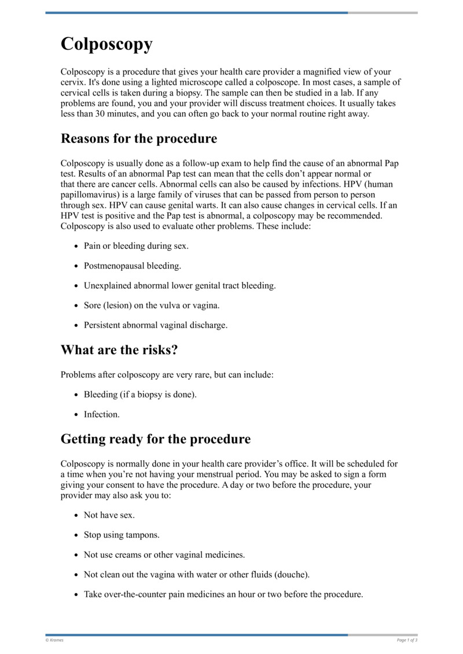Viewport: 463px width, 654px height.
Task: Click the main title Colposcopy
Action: (106, 44)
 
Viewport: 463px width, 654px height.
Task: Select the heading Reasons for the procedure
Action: (139, 139)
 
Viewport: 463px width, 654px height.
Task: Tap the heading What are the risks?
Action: (119, 350)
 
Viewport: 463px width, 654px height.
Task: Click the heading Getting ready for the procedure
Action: (155, 439)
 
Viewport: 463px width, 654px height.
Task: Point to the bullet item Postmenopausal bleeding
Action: (133, 266)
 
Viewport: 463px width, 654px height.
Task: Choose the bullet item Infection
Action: (102, 414)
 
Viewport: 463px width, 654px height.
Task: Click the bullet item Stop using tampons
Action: (122, 535)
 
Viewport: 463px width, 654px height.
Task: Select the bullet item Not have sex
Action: (109, 515)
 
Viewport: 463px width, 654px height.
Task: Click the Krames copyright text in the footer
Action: (55, 640)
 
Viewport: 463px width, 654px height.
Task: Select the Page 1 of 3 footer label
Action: (407, 640)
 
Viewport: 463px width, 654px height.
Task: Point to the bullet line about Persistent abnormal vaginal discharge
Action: (156, 325)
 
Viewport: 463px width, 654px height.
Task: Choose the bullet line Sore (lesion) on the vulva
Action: (152, 305)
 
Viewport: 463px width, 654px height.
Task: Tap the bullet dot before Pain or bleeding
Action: (77, 246)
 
